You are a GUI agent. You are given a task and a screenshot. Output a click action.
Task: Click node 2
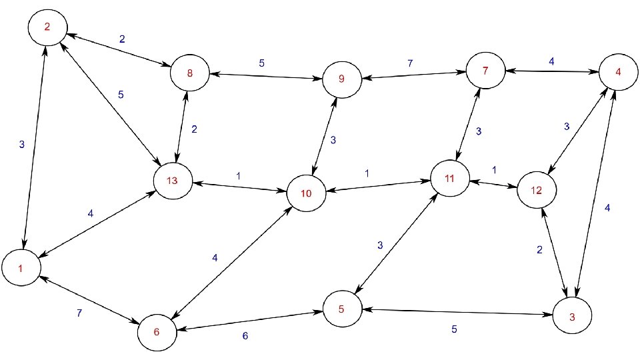(x=46, y=27)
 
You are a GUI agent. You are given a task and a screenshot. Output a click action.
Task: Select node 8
(x=190, y=73)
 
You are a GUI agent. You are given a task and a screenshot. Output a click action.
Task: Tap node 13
(x=173, y=181)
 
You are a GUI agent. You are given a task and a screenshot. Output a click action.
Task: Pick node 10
(x=306, y=194)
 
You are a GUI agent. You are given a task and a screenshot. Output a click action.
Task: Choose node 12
(x=536, y=189)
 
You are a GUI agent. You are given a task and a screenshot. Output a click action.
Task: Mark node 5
(x=342, y=309)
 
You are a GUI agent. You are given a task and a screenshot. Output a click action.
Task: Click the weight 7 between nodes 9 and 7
(x=410, y=63)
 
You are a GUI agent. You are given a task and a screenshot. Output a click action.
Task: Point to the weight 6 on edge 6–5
(x=245, y=336)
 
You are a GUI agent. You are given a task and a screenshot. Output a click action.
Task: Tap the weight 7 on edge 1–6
(x=79, y=313)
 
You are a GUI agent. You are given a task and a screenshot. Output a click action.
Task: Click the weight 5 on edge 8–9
(x=261, y=63)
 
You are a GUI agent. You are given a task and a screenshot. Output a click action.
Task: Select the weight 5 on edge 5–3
(x=454, y=329)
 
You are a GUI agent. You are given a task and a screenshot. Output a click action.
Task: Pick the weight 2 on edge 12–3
(x=540, y=250)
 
